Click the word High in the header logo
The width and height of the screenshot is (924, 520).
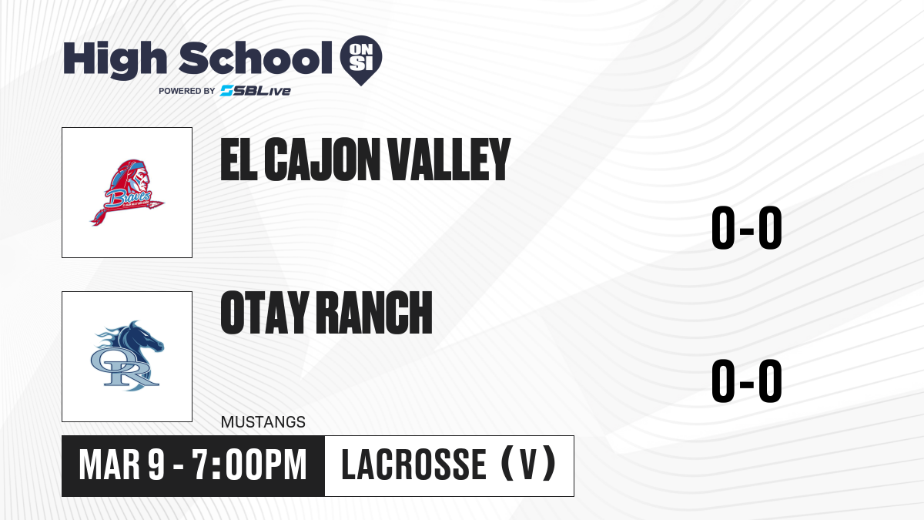(x=115, y=60)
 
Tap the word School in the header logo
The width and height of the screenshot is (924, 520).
(x=256, y=58)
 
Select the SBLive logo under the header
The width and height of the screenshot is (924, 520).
(x=256, y=91)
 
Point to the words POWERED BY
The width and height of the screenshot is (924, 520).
(x=187, y=91)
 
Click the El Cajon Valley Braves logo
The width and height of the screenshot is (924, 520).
(x=127, y=193)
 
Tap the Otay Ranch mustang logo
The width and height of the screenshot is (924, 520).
(x=127, y=356)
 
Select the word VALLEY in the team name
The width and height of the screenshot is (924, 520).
(x=450, y=159)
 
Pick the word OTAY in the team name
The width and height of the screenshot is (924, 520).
(x=265, y=313)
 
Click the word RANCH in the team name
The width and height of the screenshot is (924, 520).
(x=376, y=313)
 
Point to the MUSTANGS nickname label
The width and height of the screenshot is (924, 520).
(x=263, y=422)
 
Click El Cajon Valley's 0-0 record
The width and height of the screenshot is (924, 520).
(x=747, y=227)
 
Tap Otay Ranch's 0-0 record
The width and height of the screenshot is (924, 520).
(x=747, y=381)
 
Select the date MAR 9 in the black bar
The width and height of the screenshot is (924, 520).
(x=122, y=465)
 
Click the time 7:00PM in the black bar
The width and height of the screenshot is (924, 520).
(x=249, y=465)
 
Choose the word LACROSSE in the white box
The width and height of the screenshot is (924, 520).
(x=414, y=465)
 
